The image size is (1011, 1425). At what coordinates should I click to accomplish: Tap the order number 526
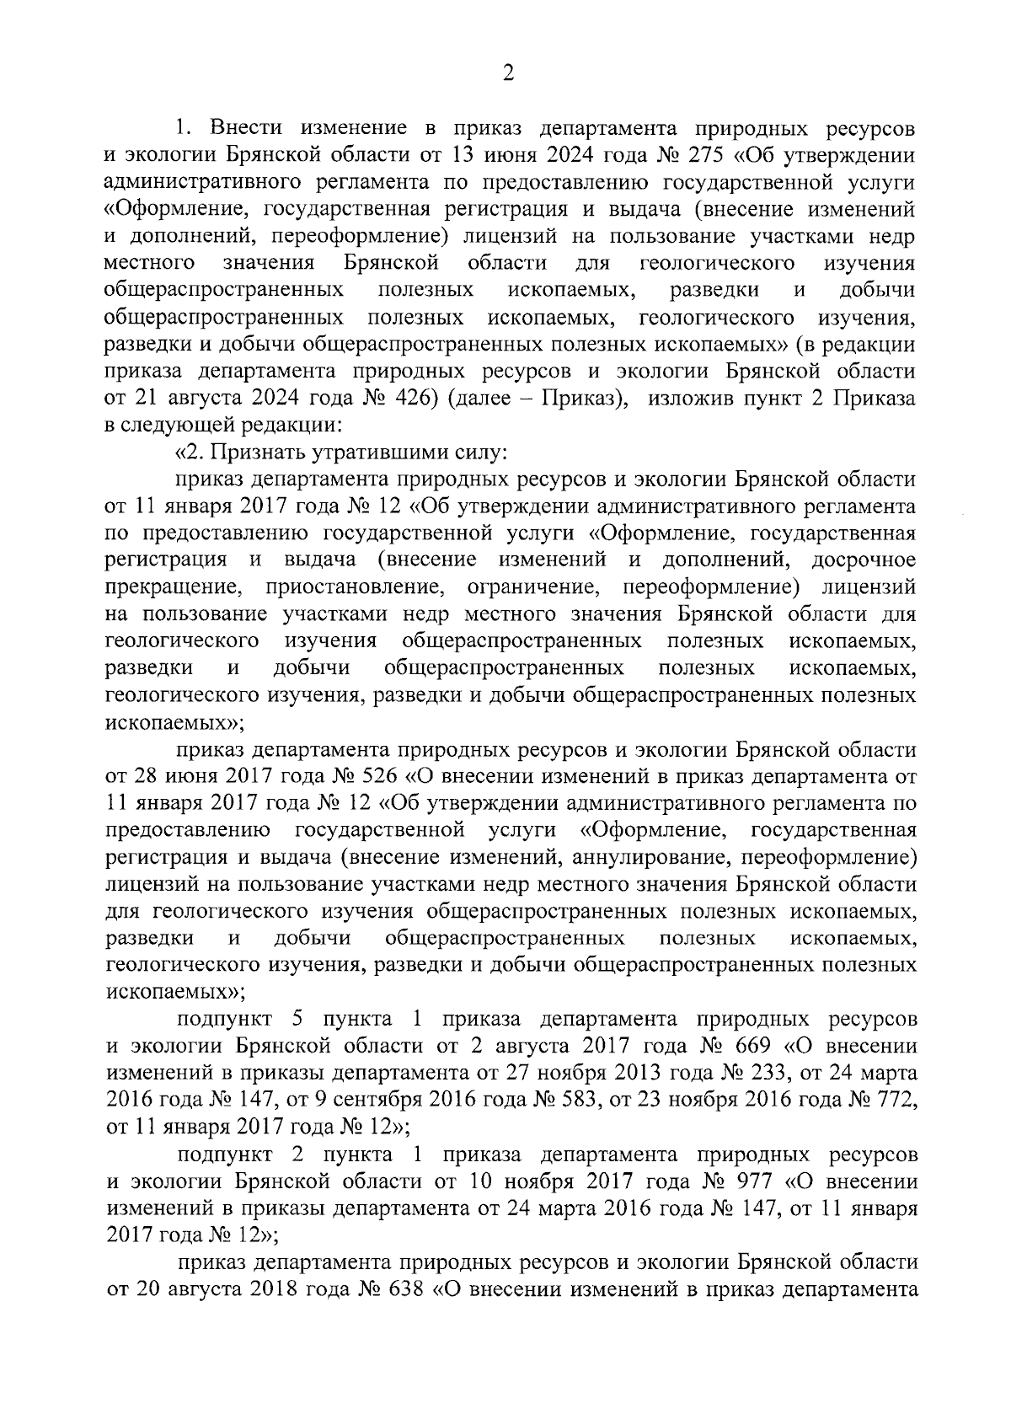click(383, 775)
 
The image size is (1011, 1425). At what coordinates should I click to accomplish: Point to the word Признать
click(253, 453)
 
